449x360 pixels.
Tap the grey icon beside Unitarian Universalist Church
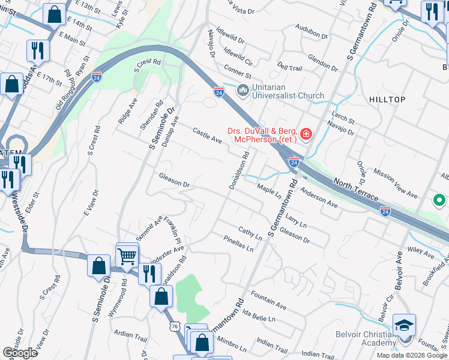pos(243,91)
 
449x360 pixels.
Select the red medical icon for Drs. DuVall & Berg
pos(306,133)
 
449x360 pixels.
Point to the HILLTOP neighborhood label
pos(387,100)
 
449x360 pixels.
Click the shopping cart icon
pos(127,256)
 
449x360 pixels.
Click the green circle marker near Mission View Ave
pos(439,200)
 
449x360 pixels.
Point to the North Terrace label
pos(356,189)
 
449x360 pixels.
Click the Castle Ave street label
pos(207,136)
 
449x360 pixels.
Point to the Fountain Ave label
pos(268,299)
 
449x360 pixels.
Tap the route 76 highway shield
pos(175,325)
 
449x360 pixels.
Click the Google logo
pos(20,353)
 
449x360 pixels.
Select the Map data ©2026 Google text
pos(412,355)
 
